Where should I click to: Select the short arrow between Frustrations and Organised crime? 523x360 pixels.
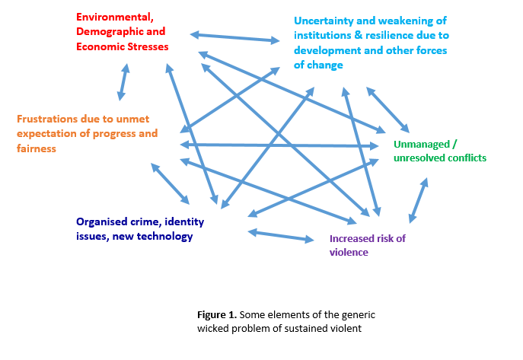click(170, 183)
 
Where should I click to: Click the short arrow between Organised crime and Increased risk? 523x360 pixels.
click(280, 235)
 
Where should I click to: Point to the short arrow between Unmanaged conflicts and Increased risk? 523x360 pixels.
click(418, 201)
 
